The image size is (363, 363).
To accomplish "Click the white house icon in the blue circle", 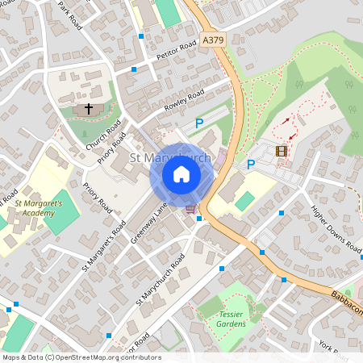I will point(181,174).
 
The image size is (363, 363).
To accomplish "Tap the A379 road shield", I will point(214,38).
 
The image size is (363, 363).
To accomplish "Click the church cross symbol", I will point(89,108).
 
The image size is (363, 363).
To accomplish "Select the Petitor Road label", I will point(177,50).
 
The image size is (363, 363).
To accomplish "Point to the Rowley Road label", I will point(185,102).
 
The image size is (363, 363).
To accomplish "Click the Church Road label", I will point(103,135).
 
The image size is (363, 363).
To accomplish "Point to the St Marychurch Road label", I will point(161,279).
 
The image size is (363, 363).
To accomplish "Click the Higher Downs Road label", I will point(336,229).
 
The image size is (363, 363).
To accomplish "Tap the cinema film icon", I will point(282,151).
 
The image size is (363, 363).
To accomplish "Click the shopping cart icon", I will point(190,209).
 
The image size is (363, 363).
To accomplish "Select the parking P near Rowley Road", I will point(199,123).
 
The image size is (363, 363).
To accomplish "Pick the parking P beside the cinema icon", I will point(251,165).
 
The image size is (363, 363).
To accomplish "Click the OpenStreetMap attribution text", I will point(81,357).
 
